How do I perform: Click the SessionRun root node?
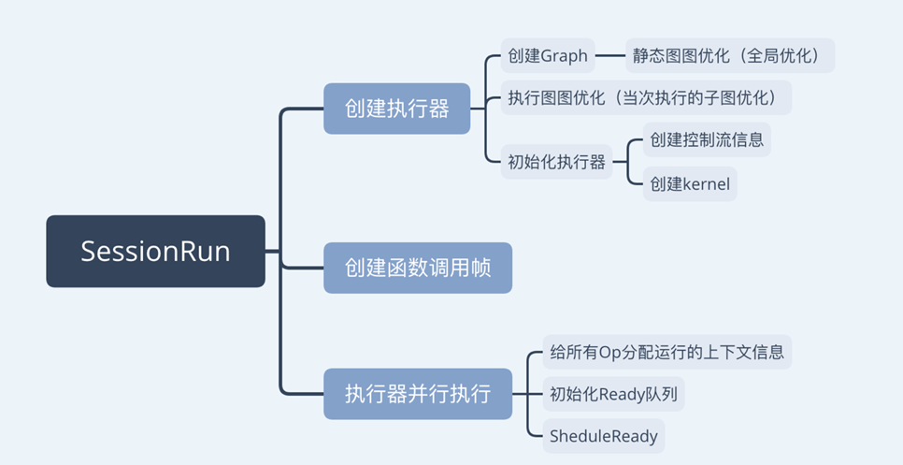[155, 251]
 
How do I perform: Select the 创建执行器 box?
[396, 109]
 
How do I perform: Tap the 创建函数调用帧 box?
[417, 268]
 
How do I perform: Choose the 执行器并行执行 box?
[417, 393]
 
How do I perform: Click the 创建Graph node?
[548, 55]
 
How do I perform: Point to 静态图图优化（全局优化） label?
[729, 55]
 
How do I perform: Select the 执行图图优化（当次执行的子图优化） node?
[646, 97]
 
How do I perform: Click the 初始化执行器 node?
[556, 162]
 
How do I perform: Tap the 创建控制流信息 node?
[707, 139]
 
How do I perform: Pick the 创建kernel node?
[690, 183]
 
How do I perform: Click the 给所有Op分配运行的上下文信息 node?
[667, 353]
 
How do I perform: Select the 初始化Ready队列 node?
[613, 394]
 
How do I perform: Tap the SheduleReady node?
[604, 436]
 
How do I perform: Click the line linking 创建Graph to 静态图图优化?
[609, 55]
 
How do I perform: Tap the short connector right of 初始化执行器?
[621, 162]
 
